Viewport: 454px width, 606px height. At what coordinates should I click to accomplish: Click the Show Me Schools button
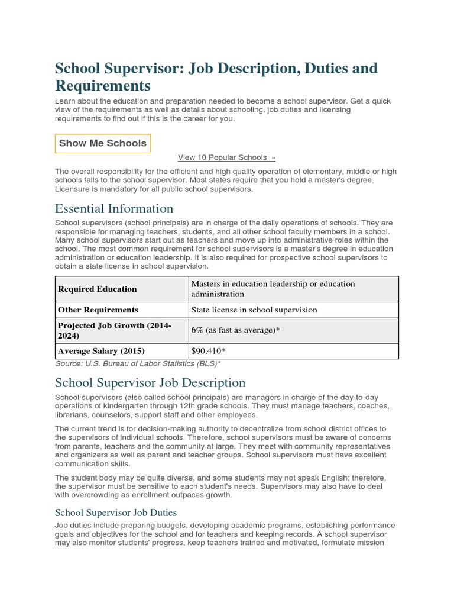[x=103, y=143]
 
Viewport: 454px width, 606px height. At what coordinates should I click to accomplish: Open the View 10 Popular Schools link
[x=226, y=157]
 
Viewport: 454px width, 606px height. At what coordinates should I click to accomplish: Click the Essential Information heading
[x=114, y=208]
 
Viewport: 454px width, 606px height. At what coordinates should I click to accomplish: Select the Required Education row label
[x=97, y=289]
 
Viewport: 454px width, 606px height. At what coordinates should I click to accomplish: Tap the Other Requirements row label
[x=98, y=310]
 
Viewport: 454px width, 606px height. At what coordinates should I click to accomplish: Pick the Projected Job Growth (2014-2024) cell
[x=115, y=330]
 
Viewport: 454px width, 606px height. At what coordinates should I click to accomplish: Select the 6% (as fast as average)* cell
[x=235, y=330]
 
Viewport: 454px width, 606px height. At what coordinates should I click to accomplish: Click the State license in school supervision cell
[x=254, y=310]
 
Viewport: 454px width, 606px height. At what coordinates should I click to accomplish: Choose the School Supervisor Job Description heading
[x=150, y=383]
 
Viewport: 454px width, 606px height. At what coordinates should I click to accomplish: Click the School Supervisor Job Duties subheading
[x=116, y=512]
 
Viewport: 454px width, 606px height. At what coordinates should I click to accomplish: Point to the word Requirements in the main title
[x=103, y=85]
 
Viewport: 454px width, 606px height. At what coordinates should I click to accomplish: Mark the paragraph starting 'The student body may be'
[x=220, y=486]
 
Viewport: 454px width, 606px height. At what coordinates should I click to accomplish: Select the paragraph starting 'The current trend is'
[x=222, y=446]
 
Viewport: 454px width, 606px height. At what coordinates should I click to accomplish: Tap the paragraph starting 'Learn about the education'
[x=222, y=109]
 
